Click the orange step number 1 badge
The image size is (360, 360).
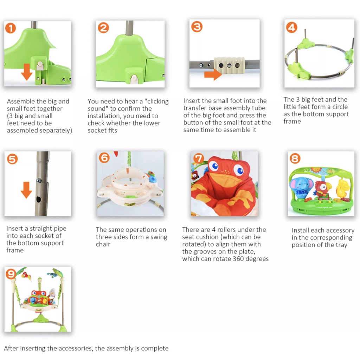pos(11,28)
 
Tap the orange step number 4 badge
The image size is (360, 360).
pos(291,27)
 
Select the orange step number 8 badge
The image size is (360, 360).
pos(295,159)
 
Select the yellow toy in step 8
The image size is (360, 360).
pos(341,189)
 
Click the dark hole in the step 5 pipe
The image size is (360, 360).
pos(38,200)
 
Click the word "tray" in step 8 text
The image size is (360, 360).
pos(341,245)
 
